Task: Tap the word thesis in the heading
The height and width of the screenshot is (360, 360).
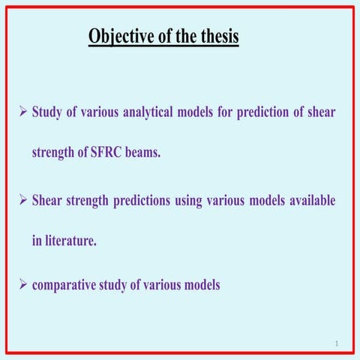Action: [217, 36]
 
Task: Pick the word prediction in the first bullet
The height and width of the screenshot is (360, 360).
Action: [257, 112]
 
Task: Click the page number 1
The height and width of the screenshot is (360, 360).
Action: [337, 343]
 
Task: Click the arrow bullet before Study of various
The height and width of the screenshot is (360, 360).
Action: [22, 112]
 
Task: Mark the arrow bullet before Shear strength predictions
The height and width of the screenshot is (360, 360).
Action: [22, 201]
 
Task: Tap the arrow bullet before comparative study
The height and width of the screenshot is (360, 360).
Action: [22, 285]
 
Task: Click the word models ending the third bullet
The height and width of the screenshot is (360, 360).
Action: [200, 285]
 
